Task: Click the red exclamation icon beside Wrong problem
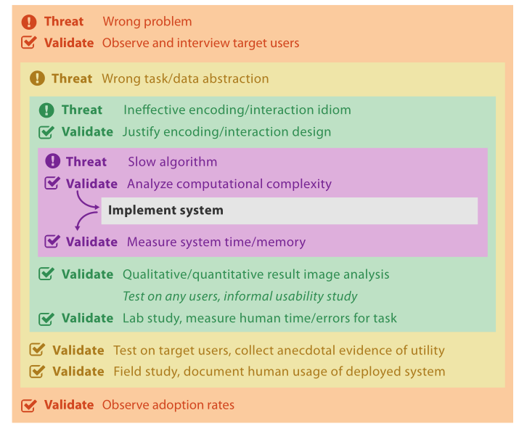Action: click(x=29, y=22)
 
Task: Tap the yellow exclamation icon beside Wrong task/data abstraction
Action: click(x=37, y=78)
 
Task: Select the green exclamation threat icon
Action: click(x=46, y=110)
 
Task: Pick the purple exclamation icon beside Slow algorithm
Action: click(x=53, y=161)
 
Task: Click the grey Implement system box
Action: click(x=290, y=211)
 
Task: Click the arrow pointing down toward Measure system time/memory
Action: click(x=84, y=218)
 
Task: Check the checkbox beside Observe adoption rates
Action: click(x=29, y=405)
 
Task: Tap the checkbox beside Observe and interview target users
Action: click(x=29, y=42)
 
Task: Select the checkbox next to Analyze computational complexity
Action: click(x=52, y=183)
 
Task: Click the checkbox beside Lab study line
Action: click(x=46, y=319)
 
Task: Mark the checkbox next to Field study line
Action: click(x=37, y=372)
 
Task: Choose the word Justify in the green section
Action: click(x=142, y=132)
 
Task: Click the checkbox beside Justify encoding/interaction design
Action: click(x=46, y=132)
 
